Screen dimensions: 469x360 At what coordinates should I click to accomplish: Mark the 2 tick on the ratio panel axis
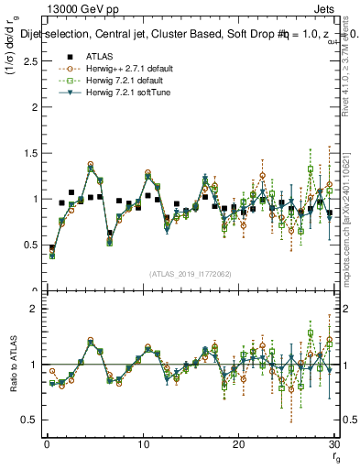[35, 309]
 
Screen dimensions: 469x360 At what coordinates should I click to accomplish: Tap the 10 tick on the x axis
[143, 444]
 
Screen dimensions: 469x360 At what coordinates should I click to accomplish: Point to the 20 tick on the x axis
[238, 444]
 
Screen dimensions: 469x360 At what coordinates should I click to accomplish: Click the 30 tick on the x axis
[333, 444]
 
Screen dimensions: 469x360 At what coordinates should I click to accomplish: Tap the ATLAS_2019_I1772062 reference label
[190, 273]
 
